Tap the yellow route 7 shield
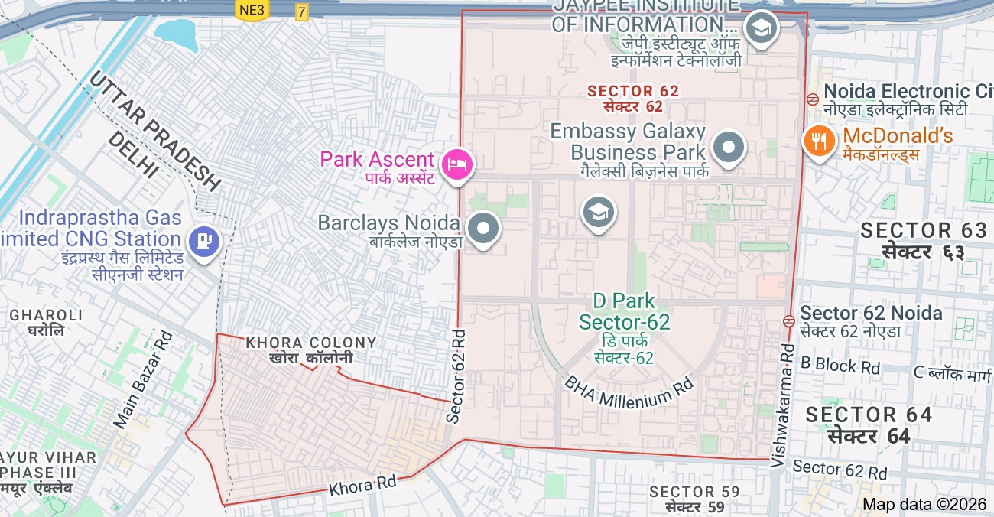pyautogui.click(x=302, y=11)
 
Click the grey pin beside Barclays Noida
pyautogui.click(x=483, y=229)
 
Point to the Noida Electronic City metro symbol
pyautogui.click(x=813, y=99)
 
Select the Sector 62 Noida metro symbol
pyautogui.click(x=788, y=320)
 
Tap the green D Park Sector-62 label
pyautogui.click(x=624, y=311)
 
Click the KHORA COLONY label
pyautogui.click(x=311, y=343)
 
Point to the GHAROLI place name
pyautogui.click(x=46, y=315)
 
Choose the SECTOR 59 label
pyautogui.click(x=694, y=492)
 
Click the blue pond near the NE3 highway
pyautogui.click(x=176, y=32)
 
